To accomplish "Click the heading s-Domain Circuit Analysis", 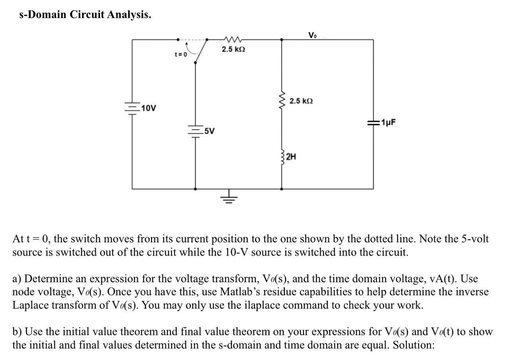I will (85, 15).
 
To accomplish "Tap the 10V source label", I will (149, 108).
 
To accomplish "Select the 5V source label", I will (210, 131).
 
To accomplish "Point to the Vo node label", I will (313, 35).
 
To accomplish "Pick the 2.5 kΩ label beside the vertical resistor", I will (301, 101).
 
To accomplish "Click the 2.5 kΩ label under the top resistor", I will (233, 49).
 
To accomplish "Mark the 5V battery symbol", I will (195, 130).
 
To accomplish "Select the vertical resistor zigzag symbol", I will (282, 102).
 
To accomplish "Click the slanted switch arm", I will (202, 51).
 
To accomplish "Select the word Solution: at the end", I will (413, 344).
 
